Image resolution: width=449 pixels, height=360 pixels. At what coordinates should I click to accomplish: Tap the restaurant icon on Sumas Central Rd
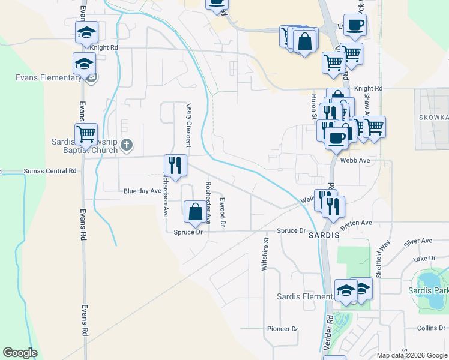pos(176,166)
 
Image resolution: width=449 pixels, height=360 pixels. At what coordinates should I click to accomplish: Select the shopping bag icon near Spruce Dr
pos(195,212)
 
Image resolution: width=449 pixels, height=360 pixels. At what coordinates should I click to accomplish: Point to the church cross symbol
pos(127,145)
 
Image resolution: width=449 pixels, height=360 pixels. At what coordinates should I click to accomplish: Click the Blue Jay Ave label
pos(142,191)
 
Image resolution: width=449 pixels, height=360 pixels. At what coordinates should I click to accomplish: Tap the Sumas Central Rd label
pos(50,171)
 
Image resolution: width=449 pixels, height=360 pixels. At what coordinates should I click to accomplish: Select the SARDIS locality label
pos(324,236)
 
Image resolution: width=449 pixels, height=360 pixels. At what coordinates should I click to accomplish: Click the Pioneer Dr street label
pos(283,329)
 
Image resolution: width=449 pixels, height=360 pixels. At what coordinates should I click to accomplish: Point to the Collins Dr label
pos(430,328)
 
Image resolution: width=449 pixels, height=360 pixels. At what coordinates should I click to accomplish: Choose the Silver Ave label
pos(418,241)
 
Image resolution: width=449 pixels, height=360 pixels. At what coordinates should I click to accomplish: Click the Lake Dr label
pos(424,259)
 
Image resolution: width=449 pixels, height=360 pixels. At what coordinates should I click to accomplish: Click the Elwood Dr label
pos(222,212)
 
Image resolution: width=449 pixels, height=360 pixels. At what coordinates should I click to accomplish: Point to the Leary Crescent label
pos(188,124)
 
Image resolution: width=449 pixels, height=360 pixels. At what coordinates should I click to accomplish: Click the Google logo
pos(20,353)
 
